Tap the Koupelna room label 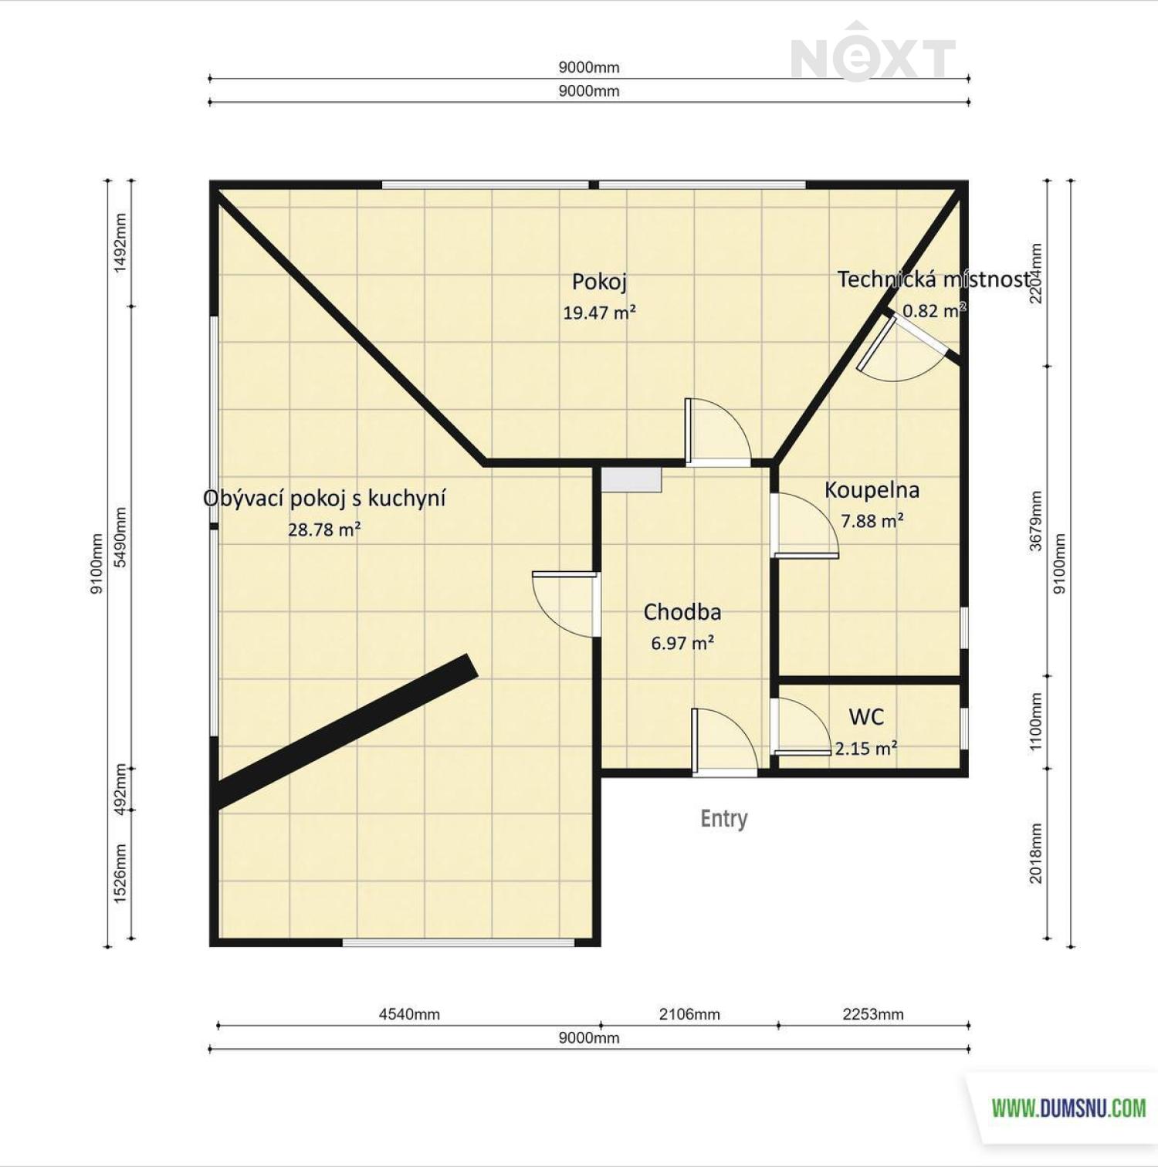point(872,489)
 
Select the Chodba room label point(682,612)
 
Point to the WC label point(866,717)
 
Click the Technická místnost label point(934,279)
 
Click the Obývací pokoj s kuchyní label point(324,499)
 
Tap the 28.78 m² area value point(324,529)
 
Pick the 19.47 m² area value point(599,313)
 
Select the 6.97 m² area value point(682,643)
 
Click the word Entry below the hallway point(724,818)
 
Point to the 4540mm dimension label point(409,1014)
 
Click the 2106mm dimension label point(689,1014)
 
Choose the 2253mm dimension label point(873,1014)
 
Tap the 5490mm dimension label point(120,537)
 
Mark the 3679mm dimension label point(1036,521)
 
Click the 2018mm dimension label point(1036,853)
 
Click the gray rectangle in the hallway point(631,479)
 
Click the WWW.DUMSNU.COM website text point(1068,1108)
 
